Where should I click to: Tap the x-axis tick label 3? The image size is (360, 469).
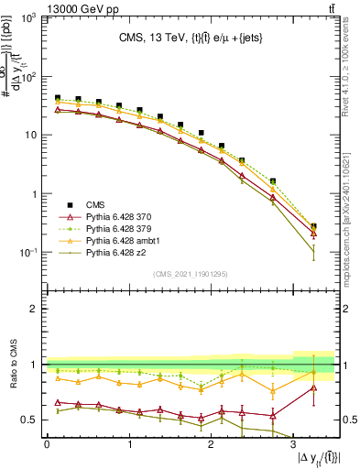pos(293,444)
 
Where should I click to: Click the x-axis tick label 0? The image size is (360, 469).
pos(47,444)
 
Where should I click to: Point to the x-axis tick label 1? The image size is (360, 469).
pos(129,444)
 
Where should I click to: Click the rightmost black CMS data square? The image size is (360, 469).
pos(314,226)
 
